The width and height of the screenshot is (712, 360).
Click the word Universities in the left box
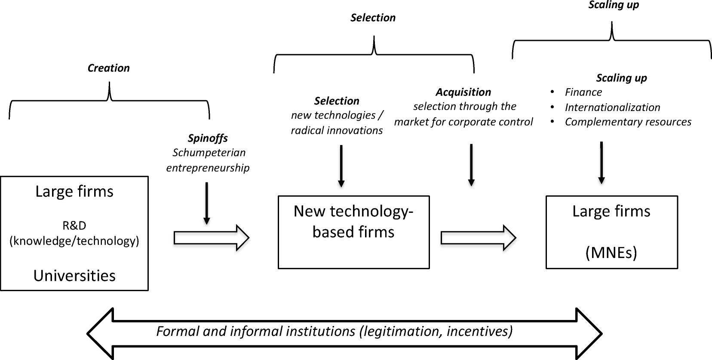click(x=74, y=276)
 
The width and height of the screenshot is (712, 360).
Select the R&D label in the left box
click(x=74, y=225)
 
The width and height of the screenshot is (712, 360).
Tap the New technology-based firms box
click(x=353, y=232)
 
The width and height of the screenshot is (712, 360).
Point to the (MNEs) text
click(x=611, y=252)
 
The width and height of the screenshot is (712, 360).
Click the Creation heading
click(x=108, y=68)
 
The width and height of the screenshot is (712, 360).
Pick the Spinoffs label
click(x=208, y=138)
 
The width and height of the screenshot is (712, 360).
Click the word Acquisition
click(x=463, y=92)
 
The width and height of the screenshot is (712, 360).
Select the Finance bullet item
click(x=583, y=92)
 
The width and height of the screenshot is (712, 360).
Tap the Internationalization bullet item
click(x=612, y=107)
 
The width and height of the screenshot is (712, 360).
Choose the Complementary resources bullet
click(x=628, y=122)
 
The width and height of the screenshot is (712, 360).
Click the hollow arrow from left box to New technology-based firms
click(x=211, y=237)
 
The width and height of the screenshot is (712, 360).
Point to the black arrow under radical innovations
click(x=341, y=166)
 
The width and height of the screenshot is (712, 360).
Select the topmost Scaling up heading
click(x=614, y=5)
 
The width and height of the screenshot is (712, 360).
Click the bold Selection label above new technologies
click(x=337, y=101)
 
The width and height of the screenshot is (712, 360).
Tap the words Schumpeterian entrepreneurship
click(x=208, y=160)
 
